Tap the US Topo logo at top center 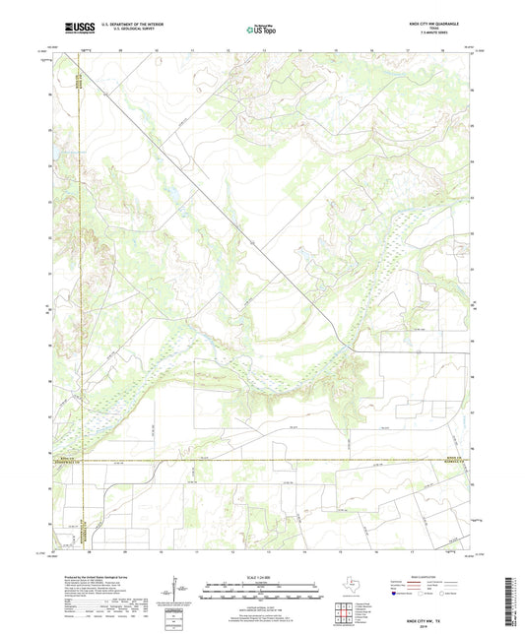click(x=261, y=30)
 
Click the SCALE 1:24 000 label click(x=261, y=578)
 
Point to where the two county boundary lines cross click(x=85, y=461)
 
